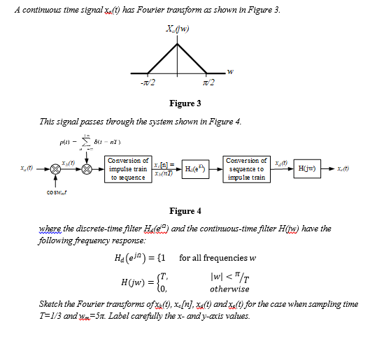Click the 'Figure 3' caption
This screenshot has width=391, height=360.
pyautogui.click(x=185, y=103)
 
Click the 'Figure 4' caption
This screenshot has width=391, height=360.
pyautogui.click(x=185, y=210)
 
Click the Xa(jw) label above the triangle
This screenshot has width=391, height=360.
pyautogui.click(x=178, y=28)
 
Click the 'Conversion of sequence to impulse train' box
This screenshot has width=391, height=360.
pyautogui.click(x=246, y=168)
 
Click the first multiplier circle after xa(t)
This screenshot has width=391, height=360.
pyautogui.click(x=47, y=169)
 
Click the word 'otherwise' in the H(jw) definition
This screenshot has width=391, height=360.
pyautogui.click(x=227, y=288)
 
